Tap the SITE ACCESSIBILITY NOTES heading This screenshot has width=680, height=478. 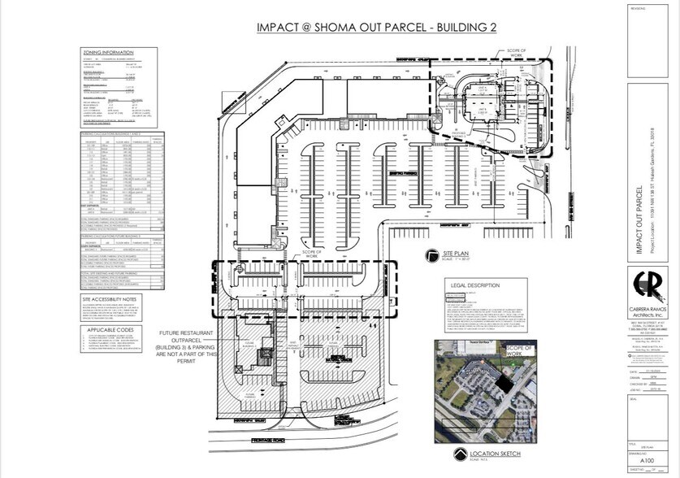116,299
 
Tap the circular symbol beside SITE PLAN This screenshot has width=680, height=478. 427,258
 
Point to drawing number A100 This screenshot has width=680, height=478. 648,460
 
